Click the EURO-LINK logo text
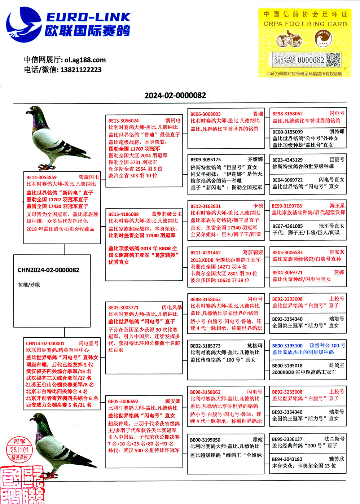[88, 17]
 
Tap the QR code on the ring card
[333, 60]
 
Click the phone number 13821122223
[81, 70]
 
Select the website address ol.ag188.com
[85, 60]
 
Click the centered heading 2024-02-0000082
[175, 95]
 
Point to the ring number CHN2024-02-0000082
[48, 270]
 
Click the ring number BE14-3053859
[41, 177]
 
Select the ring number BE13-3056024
[123, 120]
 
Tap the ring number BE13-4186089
[123, 214]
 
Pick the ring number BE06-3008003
[205, 114]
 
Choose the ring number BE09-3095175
[205, 159]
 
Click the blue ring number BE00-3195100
[287, 346]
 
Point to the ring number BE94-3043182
[287, 459]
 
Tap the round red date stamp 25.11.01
[19, 449]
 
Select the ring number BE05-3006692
[123, 401]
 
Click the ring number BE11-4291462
[205, 253]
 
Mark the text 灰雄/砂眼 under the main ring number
[29, 285]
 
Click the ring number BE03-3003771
[123, 308]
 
